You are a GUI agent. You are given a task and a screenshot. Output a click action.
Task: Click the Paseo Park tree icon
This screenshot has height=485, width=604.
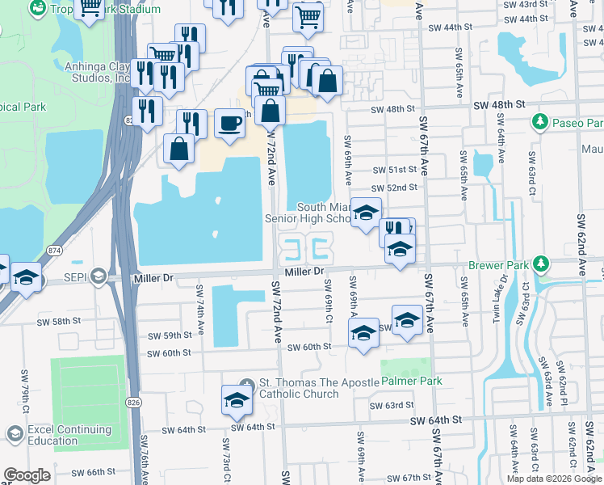539,122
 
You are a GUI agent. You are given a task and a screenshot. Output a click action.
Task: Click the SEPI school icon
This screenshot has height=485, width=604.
98,277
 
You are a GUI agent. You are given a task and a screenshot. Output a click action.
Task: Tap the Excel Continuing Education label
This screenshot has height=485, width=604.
53,436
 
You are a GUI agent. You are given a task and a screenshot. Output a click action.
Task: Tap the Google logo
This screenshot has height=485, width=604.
27,475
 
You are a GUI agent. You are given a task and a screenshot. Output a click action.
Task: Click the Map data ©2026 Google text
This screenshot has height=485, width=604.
553,479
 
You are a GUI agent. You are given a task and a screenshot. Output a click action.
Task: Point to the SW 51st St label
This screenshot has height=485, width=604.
395,170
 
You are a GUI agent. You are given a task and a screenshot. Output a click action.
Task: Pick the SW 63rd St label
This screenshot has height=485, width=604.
391,405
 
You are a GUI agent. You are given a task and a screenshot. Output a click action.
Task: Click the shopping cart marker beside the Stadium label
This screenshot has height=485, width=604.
90,9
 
